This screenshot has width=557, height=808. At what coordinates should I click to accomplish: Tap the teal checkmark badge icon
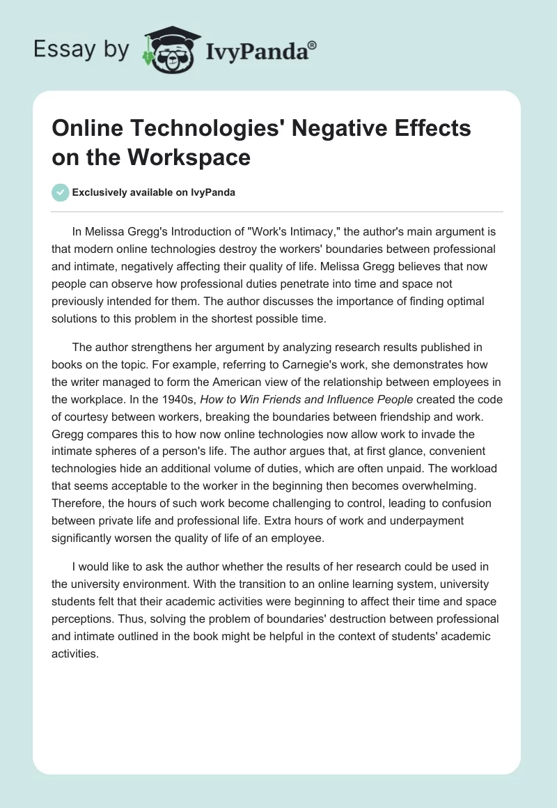(61, 192)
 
